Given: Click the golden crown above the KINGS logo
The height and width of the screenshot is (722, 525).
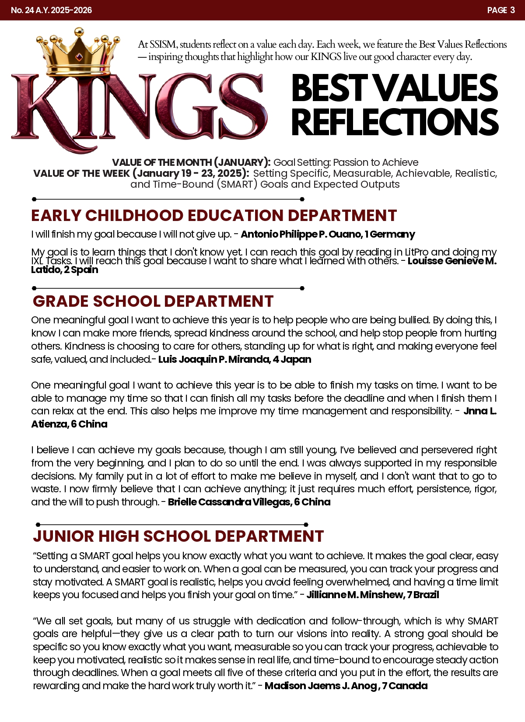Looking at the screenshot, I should [x=79, y=50].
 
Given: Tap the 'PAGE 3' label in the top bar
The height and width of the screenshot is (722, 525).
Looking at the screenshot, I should [x=501, y=10].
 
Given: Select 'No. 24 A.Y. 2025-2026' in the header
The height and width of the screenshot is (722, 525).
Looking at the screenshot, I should [x=51, y=10].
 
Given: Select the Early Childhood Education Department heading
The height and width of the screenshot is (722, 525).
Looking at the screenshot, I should [x=214, y=216].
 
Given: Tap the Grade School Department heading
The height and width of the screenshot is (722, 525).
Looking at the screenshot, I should [x=153, y=301].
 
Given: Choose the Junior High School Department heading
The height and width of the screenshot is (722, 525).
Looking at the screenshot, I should [x=178, y=536].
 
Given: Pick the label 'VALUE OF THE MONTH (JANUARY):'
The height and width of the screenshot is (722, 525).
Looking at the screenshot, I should [x=191, y=162].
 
